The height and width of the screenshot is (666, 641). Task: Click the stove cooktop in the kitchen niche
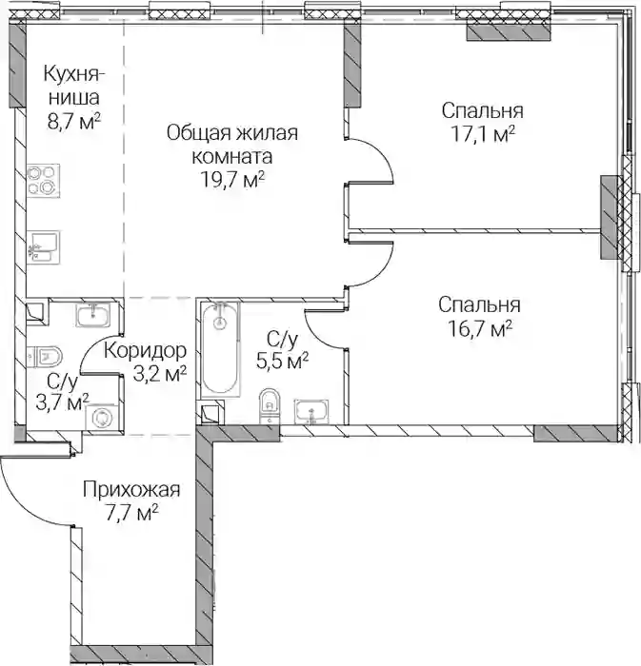(43, 181)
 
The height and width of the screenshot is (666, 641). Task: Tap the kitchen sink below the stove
(43, 246)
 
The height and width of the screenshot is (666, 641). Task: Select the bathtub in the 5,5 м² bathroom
(220, 349)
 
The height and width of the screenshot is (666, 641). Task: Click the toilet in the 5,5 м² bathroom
(270, 405)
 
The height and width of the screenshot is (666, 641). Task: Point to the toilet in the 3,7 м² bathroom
(45, 356)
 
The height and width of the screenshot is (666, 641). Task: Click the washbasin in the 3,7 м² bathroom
(93, 315)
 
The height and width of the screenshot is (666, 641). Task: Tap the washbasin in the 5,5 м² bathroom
(311, 412)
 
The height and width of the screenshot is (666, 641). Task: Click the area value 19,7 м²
(232, 180)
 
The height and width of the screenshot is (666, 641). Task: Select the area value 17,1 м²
(483, 134)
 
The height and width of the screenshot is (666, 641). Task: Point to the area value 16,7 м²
(480, 328)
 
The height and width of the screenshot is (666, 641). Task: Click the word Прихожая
(131, 490)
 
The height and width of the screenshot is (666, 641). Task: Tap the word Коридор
(145, 351)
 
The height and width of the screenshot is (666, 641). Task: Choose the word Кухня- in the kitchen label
(74, 74)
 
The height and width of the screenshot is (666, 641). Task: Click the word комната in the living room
(232, 157)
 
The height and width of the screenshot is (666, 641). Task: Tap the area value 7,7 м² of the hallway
(131, 514)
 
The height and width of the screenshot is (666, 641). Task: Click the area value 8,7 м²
(74, 121)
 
